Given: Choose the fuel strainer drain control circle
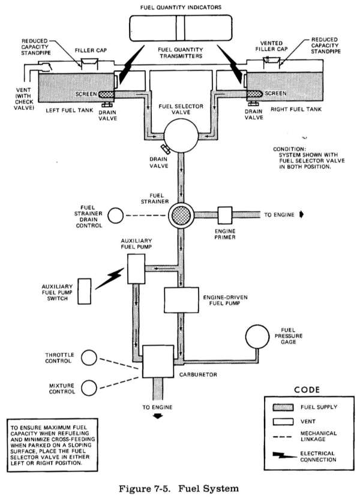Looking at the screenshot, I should (116, 215).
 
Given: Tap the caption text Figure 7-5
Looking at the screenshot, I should (178, 489).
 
